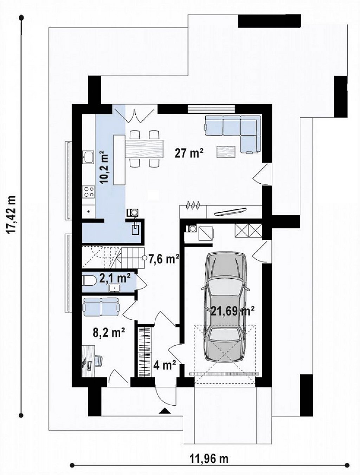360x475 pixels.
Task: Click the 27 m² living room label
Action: (189, 154)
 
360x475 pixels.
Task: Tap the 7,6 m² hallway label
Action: (164, 259)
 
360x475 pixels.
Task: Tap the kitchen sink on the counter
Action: (88, 157)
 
